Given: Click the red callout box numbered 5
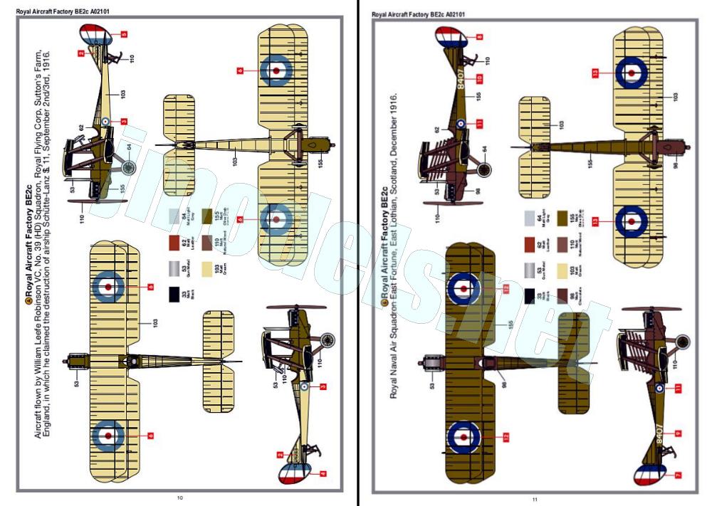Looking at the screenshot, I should tap(124, 34).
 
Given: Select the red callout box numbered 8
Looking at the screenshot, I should tap(479, 37).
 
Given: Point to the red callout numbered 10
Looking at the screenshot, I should tap(479, 78).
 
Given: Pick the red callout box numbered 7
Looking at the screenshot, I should tap(678, 475).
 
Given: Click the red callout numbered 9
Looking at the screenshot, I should tap(678, 433).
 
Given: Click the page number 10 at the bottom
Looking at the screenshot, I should tap(179, 497).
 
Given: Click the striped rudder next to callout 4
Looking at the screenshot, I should tap(294, 474).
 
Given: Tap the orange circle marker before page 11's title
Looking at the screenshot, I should tap(384, 302).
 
